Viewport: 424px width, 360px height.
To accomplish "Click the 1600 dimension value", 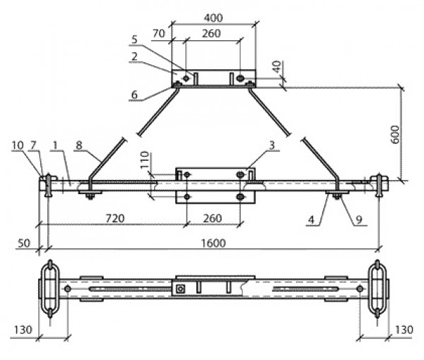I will pyautogui.click(x=212, y=243).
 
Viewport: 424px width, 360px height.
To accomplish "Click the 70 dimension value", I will pyautogui.click(x=158, y=32).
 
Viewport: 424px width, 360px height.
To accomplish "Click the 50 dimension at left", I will pyautogui.click(x=24, y=244).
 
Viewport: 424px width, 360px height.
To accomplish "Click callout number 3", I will pyautogui.click(x=271, y=145).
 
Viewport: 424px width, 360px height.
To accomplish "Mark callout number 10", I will pyautogui.click(x=17, y=145).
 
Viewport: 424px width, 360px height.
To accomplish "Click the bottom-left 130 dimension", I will pyautogui.click(x=23, y=330).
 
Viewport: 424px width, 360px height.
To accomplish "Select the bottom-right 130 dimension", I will pyautogui.click(x=404, y=330).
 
